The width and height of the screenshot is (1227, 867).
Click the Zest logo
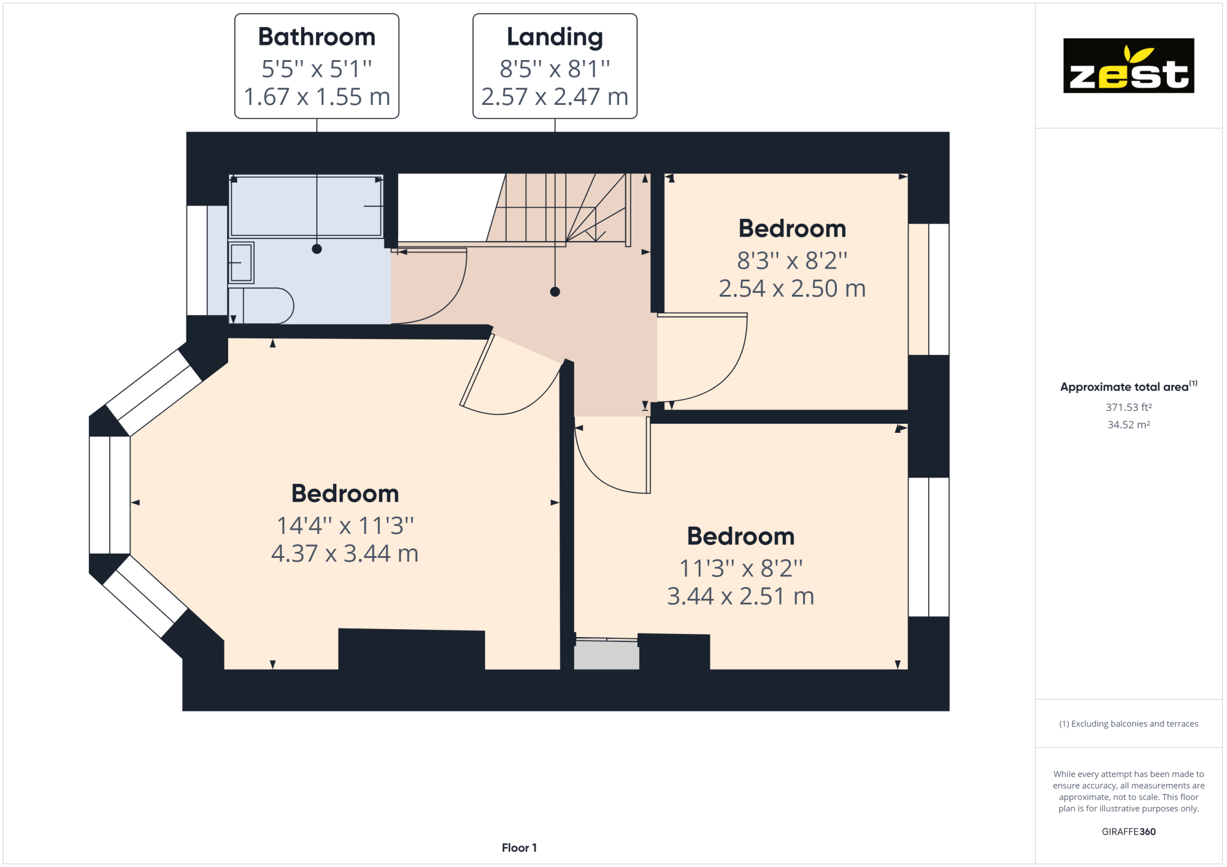(1128, 66)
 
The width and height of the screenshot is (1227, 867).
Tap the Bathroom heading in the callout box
(317, 37)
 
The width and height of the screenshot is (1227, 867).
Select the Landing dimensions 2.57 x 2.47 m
(555, 97)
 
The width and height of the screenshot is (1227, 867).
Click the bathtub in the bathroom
(306, 206)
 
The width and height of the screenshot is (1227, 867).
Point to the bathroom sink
(241, 262)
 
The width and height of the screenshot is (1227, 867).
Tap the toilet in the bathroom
(261, 305)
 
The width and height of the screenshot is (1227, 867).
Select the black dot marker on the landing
(555, 292)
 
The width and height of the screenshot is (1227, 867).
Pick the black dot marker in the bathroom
(317, 249)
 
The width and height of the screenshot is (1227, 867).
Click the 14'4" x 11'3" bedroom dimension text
(345, 525)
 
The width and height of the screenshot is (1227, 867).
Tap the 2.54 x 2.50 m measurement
(791, 289)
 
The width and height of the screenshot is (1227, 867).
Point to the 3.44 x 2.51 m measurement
(740, 597)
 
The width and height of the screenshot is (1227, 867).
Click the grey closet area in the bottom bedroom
(606, 655)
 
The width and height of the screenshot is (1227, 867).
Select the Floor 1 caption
(519, 847)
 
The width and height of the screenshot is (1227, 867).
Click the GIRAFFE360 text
(1128, 831)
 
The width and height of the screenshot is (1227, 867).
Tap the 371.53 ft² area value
(1128, 407)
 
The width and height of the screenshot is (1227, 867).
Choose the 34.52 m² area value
(1128, 424)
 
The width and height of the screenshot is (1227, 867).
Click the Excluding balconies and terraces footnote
(1128, 724)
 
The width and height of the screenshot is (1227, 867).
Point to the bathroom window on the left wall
(198, 261)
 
